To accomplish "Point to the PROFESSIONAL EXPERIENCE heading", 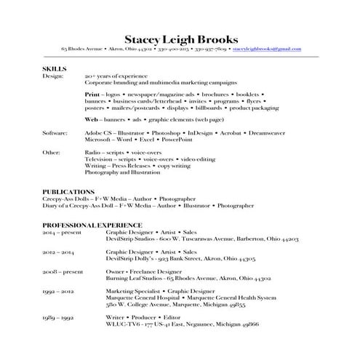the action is point(92,225).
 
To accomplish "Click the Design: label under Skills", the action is point(52,75).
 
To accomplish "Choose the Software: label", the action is point(55,134).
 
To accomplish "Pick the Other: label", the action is point(51,153).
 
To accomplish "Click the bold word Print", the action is point(92,94).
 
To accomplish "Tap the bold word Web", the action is point(91,118).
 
